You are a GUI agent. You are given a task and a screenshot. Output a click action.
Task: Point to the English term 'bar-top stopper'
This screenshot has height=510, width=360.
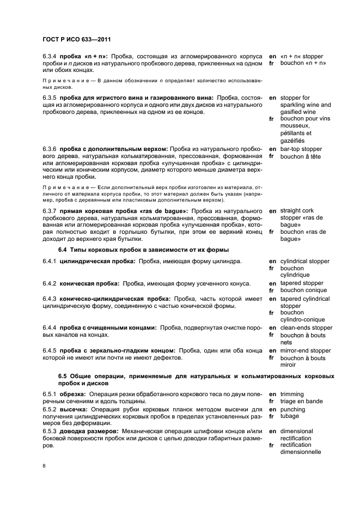click(301, 149)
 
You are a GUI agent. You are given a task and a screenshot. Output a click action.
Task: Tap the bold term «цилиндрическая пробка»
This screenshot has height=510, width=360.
click(97, 262)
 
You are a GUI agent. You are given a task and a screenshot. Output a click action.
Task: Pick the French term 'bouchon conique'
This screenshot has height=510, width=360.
click(303, 290)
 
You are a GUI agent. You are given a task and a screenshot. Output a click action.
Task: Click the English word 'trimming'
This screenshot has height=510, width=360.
click(292, 394)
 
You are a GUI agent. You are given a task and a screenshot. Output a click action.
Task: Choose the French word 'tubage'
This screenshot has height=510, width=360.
click(290, 416)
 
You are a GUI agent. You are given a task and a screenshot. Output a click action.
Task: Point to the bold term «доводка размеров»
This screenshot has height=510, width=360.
click(90, 432)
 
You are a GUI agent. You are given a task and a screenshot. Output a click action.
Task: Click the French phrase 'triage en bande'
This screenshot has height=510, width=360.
click(301, 402)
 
